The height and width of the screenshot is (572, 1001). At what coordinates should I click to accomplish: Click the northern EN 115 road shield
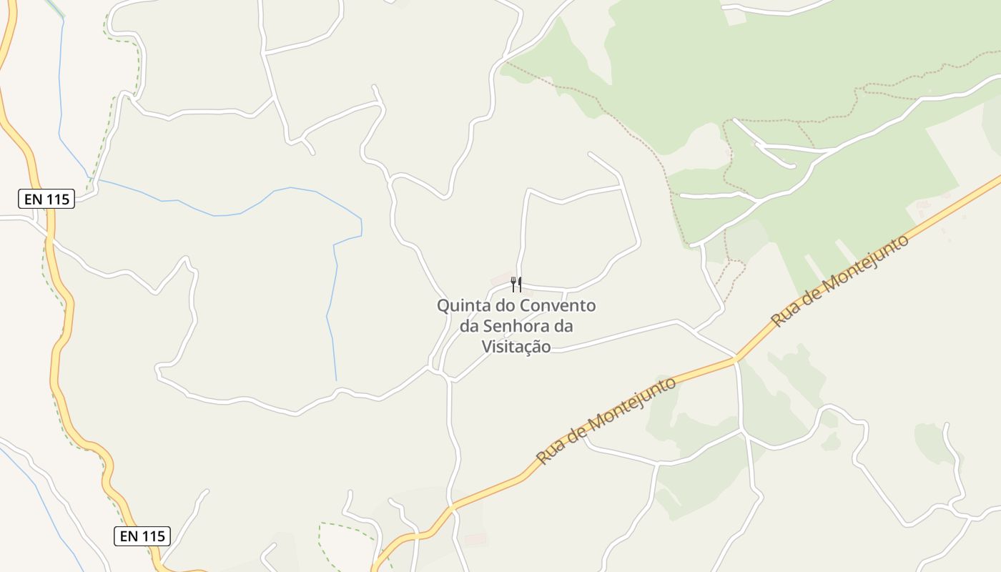tap(46, 199)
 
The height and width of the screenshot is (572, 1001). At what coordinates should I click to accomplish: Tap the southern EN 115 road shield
tap(142, 536)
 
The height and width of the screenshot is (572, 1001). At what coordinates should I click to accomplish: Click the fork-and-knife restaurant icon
tap(516, 285)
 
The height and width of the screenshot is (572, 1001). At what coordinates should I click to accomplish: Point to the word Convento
tap(558, 306)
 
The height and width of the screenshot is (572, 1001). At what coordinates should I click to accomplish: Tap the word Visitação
tap(516, 347)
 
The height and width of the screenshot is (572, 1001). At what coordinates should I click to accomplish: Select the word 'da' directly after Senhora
tap(563, 327)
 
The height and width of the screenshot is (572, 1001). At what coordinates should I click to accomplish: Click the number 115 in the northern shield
tap(58, 199)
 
